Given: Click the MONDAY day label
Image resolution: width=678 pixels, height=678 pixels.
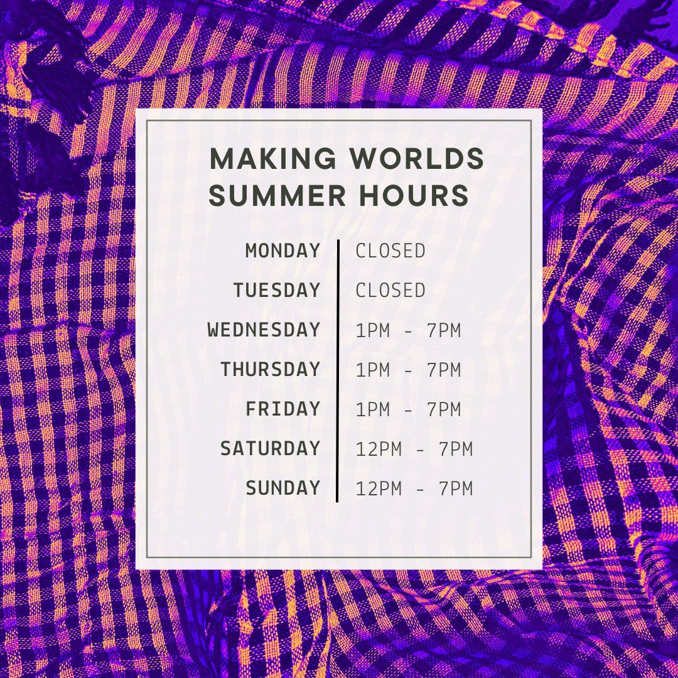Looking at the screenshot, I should point(282,251).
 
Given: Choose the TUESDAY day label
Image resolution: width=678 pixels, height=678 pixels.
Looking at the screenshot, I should point(277,291).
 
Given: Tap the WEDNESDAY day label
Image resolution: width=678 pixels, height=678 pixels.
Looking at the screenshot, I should point(264,330).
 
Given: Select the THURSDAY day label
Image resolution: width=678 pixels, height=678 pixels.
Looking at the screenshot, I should point(270,370).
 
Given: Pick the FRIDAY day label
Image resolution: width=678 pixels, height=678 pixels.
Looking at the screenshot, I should point(282,409).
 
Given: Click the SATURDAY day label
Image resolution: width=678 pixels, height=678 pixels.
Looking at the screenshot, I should point(270,449).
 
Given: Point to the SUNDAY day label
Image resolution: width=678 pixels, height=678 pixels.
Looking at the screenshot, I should point(282,488).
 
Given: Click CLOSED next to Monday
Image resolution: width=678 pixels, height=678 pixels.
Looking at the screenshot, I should point(390,251).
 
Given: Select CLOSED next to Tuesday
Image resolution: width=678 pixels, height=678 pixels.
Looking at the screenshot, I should point(390,291).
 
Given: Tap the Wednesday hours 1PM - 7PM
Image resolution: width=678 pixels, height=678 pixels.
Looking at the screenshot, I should point(408,330).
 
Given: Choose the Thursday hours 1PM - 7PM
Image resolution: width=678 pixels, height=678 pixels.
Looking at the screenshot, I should point(408,370).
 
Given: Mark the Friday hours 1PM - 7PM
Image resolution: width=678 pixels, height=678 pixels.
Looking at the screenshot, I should point(408,409).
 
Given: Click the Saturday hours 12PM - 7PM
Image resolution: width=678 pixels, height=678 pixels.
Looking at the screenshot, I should point(414,449).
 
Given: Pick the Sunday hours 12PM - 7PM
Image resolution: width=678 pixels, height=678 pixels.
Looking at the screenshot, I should point(414,488).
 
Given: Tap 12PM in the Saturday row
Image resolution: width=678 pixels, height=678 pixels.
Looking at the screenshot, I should point(379,449).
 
